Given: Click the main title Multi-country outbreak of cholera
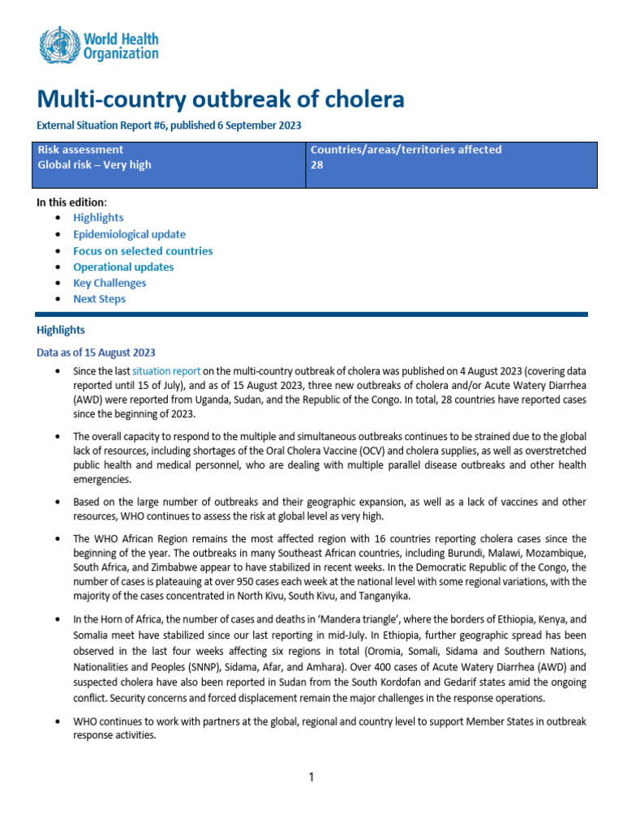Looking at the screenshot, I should (220, 100).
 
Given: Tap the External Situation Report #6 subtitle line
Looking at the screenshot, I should (169, 126).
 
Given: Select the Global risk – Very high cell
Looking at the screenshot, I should (94, 165).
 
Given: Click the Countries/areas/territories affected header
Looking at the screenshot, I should (406, 150).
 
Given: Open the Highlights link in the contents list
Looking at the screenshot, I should (98, 218).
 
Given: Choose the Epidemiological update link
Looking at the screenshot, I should (129, 234).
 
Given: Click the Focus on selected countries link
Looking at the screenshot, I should (143, 250).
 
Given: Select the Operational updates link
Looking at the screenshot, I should (123, 267).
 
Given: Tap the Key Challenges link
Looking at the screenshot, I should (110, 283).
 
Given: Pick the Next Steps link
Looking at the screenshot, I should (99, 299).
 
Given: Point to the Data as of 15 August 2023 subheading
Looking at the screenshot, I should (96, 353).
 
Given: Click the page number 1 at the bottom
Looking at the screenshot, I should (311, 777).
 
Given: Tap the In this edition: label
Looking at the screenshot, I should (71, 202).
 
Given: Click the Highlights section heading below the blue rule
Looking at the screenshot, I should (60, 330).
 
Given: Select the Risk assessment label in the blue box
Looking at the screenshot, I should (80, 150).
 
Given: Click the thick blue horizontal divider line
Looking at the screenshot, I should (311, 314).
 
